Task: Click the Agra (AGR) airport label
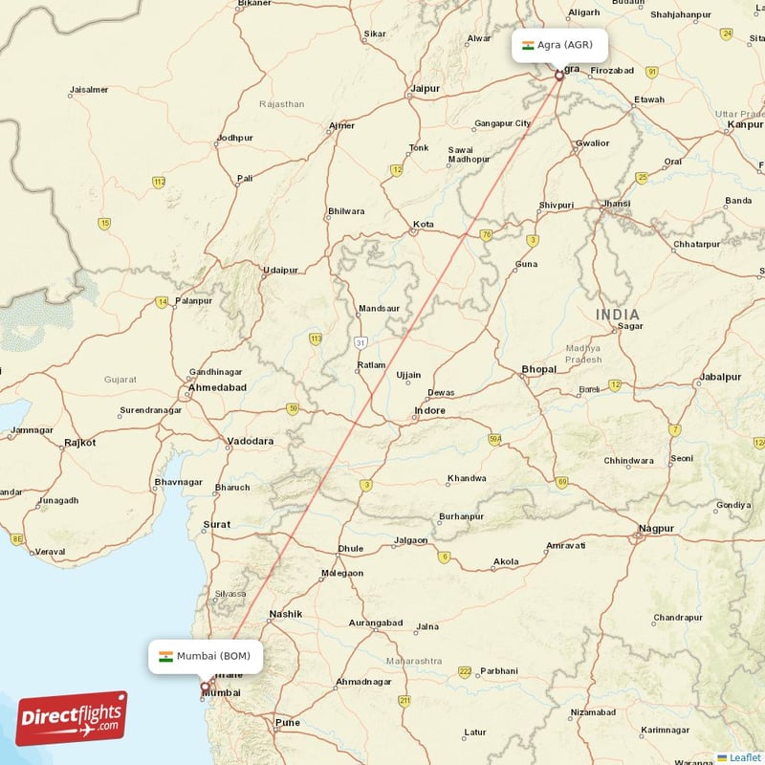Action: click(x=558, y=45)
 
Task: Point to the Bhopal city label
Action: click(x=538, y=369)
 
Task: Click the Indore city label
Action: click(x=429, y=411)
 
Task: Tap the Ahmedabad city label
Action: click(x=218, y=387)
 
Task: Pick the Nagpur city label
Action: click(x=656, y=528)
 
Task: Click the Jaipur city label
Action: click(x=425, y=89)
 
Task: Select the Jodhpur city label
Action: click(x=234, y=138)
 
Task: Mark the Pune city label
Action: click(x=287, y=722)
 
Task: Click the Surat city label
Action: click(x=217, y=525)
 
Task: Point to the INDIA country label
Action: click(x=619, y=315)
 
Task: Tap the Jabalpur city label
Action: click(x=720, y=377)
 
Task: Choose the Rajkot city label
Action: click(x=79, y=443)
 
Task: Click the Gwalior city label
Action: click(x=592, y=143)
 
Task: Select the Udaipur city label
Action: click(x=280, y=270)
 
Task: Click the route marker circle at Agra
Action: click(x=559, y=74)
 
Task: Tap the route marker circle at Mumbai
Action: click(x=205, y=686)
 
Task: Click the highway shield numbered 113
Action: click(x=316, y=339)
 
